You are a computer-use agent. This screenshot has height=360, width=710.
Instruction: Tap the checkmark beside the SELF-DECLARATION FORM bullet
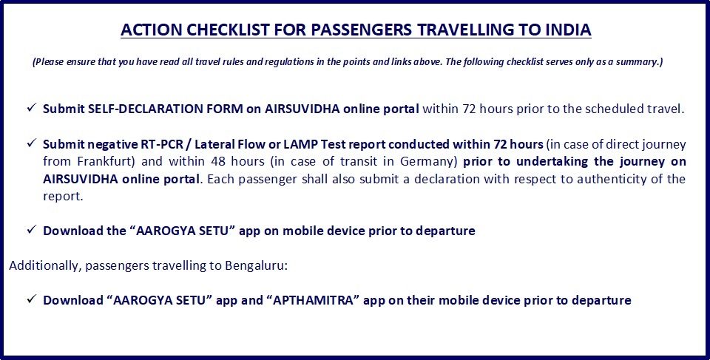click(31, 108)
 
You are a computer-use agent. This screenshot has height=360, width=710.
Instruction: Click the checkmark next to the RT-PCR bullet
click(31, 143)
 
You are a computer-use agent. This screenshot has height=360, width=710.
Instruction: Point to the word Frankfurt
click(108, 162)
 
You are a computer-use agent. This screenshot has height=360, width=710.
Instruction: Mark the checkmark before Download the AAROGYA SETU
click(31, 230)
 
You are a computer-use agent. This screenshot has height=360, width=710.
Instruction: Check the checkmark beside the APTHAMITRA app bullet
click(31, 299)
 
